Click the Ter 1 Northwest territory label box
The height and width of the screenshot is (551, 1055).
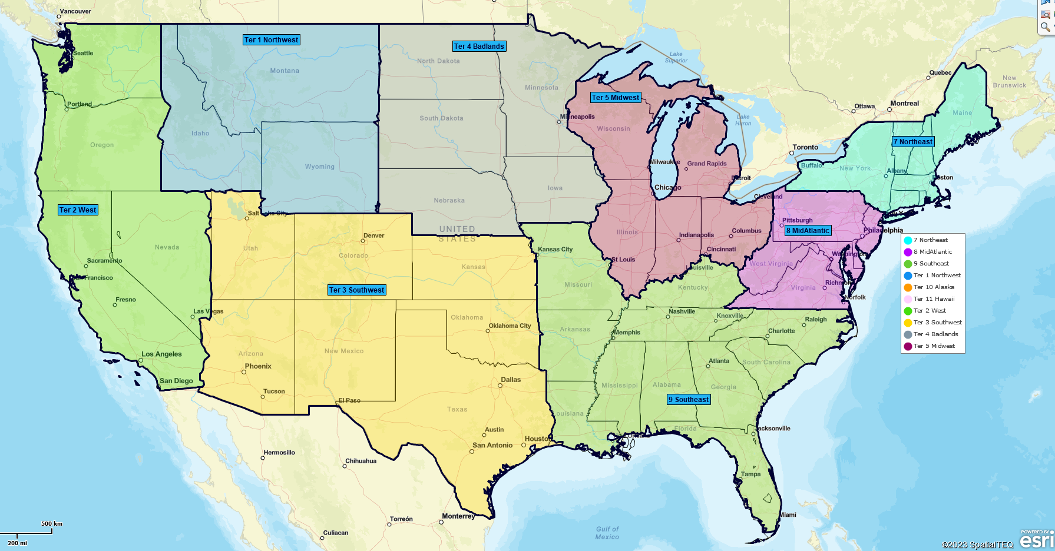tap(272, 40)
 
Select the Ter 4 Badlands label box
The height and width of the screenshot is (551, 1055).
tap(479, 47)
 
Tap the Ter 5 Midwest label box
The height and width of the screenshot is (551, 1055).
tap(616, 98)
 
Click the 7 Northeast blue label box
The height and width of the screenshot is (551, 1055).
tap(913, 142)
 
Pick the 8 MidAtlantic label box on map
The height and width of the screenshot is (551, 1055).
tap(808, 231)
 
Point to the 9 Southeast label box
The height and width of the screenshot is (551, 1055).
tap(689, 400)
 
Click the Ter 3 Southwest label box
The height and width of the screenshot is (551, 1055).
tap(357, 290)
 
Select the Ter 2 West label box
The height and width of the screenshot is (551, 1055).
tap(78, 210)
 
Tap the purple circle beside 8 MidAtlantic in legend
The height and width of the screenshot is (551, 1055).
tap(908, 252)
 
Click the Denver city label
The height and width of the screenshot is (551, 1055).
tap(373, 235)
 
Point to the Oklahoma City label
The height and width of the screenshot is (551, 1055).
tap(510, 326)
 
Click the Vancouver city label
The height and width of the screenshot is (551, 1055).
tap(75, 11)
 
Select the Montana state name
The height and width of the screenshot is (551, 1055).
tap(285, 71)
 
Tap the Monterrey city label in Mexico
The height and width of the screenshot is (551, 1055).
tap(458, 516)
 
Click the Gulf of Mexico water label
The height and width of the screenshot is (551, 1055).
tap(607, 533)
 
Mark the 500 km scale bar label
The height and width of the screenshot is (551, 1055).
tap(52, 523)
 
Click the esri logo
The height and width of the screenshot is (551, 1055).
tap(1037, 540)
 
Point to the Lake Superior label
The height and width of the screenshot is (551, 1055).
tap(676, 57)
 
